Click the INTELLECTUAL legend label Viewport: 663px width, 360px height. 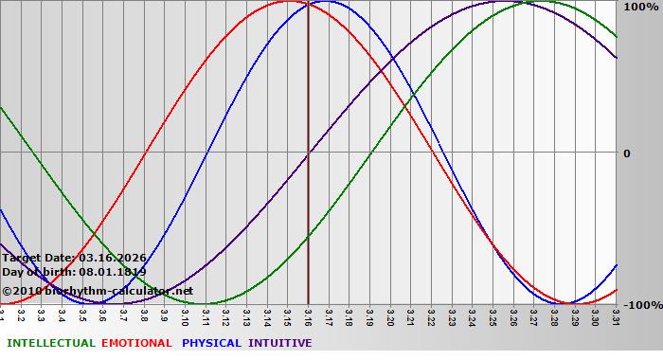click(51, 343)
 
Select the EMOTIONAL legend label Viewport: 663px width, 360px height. click(136, 343)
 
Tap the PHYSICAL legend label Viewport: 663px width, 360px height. click(212, 343)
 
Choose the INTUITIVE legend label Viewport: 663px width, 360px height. click(280, 343)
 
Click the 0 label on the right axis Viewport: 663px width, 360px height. click(626, 153)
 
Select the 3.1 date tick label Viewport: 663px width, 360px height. click(3, 313)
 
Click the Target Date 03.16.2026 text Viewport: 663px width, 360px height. click(74, 258)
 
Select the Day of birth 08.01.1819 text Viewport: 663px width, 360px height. click(74, 272)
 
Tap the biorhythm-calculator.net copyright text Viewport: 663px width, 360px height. click(98, 291)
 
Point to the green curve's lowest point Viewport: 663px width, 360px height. click(206, 303)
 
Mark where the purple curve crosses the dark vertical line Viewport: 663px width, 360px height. click(308, 153)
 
